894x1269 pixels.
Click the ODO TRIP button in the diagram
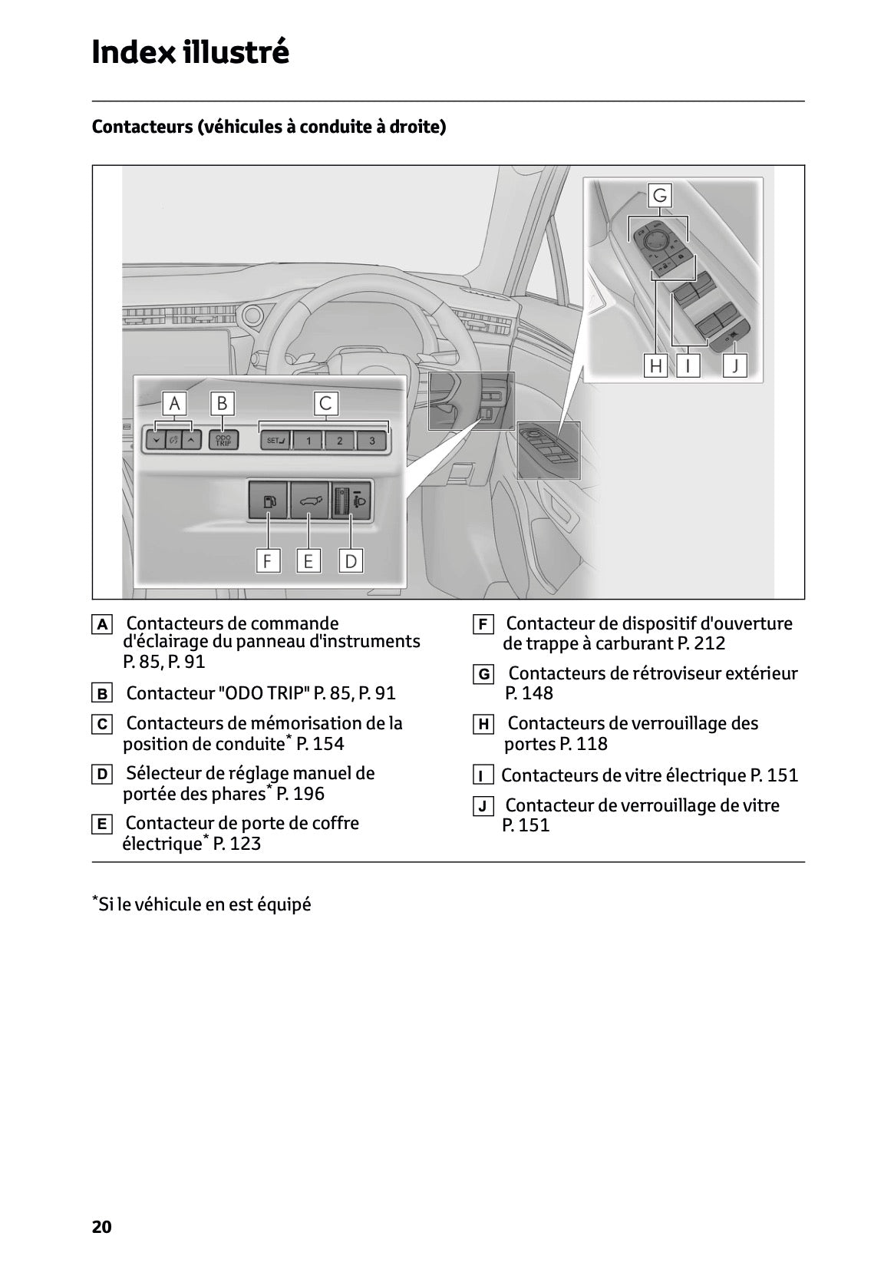click(x=223, y=440)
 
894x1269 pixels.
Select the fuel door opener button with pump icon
click(x=268, y=501)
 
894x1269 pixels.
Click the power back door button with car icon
click(x=308, y=501)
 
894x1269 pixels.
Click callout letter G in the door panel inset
click(x=659, y=195)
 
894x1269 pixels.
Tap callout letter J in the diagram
click(x=735, y=366)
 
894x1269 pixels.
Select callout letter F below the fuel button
click(x=267, y=561)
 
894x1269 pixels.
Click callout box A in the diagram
click(x=174, y=403)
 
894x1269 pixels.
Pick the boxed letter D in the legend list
click(x=101, y=775)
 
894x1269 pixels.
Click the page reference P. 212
click(x=701, y=643)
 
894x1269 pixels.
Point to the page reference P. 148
click(x=529, y=693)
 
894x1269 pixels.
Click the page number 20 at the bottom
click(x=102, y=1227)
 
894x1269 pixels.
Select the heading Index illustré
click(x=190, y=52)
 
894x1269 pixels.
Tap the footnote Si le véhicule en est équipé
click(x=203, y=904)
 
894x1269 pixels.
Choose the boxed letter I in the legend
click(x=483, y=775)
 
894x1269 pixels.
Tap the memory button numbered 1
click(x=308, y=441)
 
